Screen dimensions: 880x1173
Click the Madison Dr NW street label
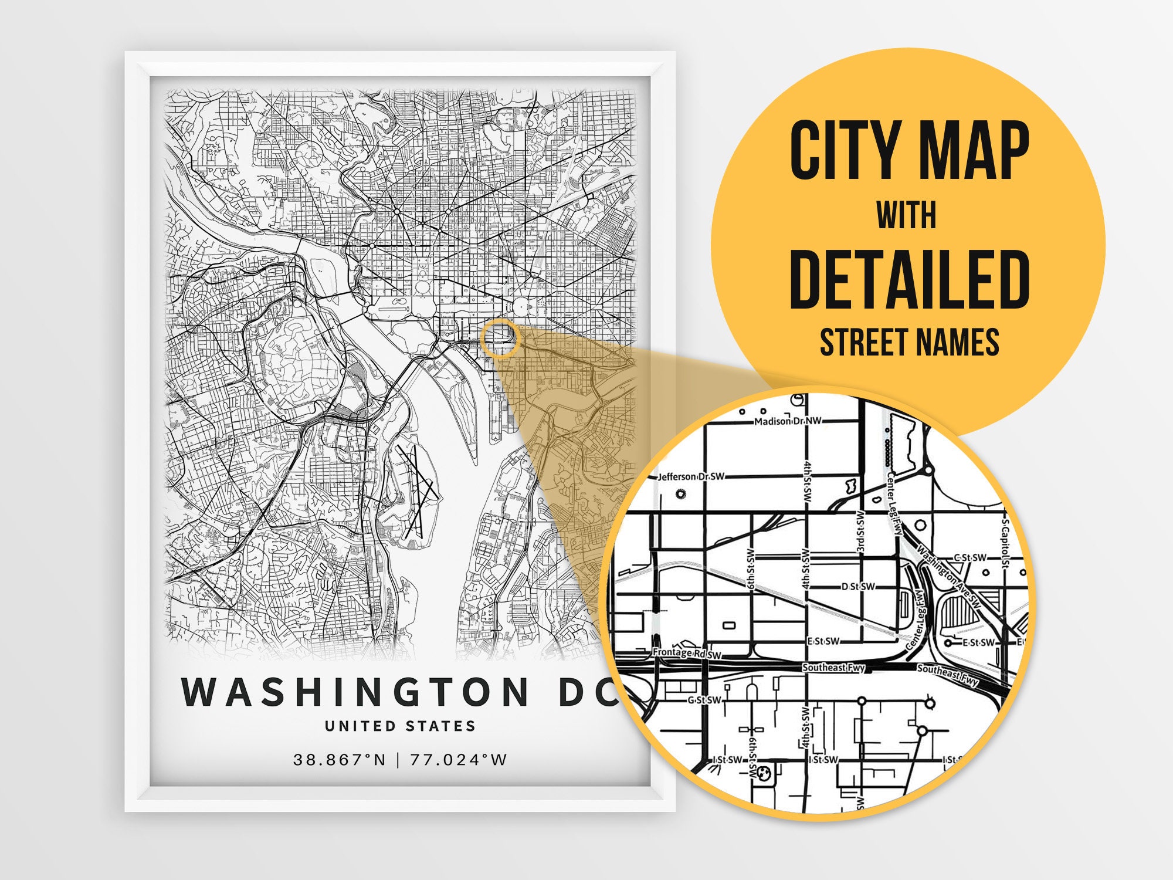(788, 421)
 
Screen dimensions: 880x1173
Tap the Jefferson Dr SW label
(691, 476)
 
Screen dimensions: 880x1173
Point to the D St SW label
(858, 586)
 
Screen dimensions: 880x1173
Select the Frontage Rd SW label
(687, 653)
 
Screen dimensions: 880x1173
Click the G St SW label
(704, 700)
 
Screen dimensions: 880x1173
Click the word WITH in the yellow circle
(907, 215)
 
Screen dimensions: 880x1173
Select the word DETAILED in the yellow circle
(910, 279)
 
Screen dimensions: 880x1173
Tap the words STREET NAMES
(909, 342)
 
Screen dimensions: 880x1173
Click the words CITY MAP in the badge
(909, 151)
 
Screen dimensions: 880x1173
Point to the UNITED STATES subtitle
(400, 726)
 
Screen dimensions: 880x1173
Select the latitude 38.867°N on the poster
(340, 760)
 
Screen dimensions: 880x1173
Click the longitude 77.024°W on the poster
(458, 760)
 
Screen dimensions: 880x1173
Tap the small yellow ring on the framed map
(500, 339)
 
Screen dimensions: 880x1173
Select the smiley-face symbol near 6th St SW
(764, 774)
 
